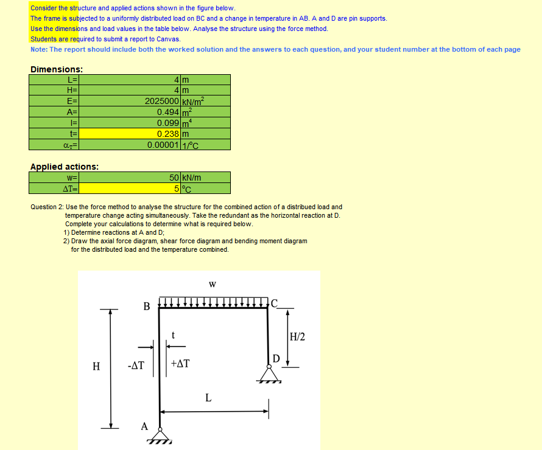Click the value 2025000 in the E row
tap(161, 101)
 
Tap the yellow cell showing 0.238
tap(167, 134)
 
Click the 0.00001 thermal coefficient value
tap(163, 145)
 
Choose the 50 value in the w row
tap(174, 178)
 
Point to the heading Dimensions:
tap(57, 69)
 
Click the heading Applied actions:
tap(65, 167)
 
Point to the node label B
tap(146, 306)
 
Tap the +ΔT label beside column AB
tap(180, 364)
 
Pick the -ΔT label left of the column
tap(136, 366)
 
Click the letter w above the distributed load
tap(212, 284)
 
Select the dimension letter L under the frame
tap(208, 398)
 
